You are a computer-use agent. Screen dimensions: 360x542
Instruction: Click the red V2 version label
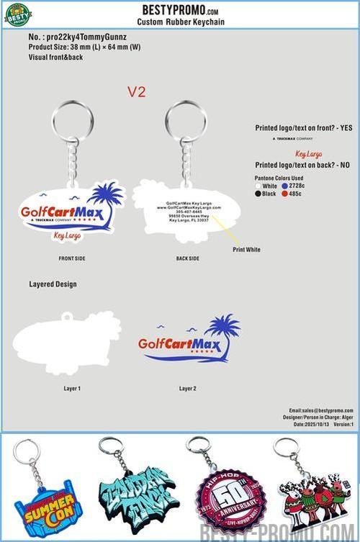[137, 91]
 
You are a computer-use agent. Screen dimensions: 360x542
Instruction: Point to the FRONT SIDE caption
[73, 257]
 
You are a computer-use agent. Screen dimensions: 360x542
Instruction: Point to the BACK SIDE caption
[187, 257]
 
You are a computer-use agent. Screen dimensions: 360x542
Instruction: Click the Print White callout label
[246, 249]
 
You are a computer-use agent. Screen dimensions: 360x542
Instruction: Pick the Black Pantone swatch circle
[259, 194]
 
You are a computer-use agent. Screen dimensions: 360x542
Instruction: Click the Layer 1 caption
[72, 388]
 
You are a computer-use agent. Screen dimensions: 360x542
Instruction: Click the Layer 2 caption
[187, 388]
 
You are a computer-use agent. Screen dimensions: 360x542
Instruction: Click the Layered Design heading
[53, 284]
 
